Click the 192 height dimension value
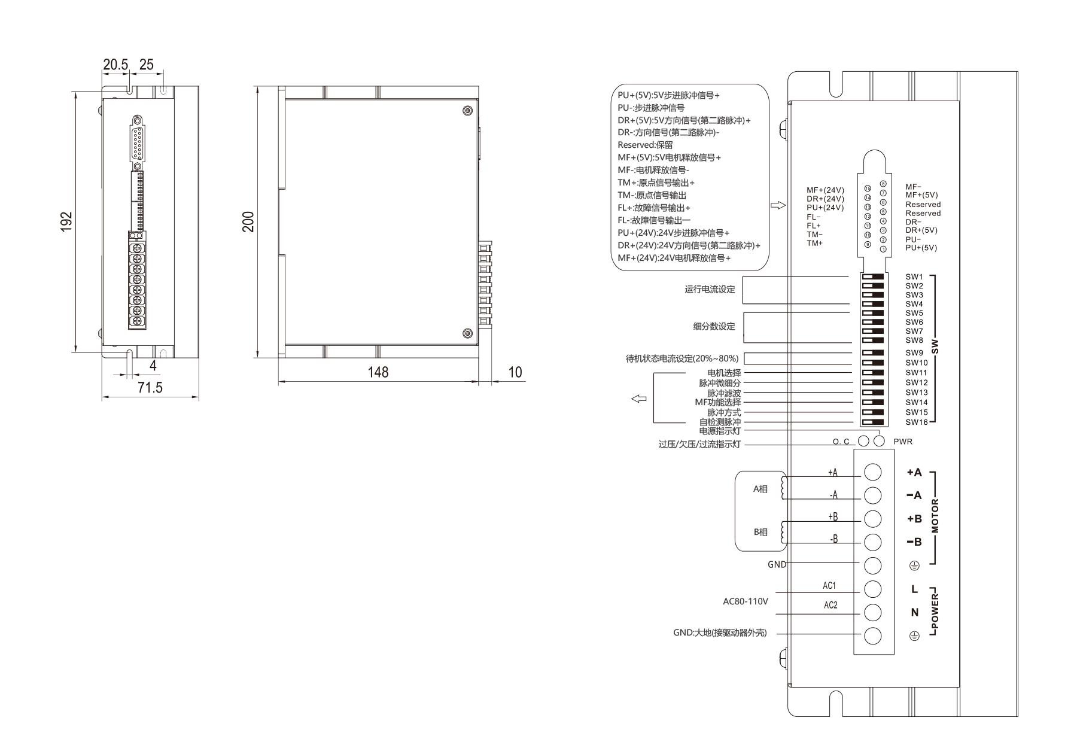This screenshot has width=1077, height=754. [67, 221]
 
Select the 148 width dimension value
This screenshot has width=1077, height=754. [378, 372]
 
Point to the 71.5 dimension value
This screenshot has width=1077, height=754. [150, 388]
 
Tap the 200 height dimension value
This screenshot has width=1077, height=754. [248, 221]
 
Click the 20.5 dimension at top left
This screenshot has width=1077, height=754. [115, 65]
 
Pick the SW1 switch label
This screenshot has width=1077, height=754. [914, 276]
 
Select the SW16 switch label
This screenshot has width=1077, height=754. [916, 422]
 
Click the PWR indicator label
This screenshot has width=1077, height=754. [903, 442]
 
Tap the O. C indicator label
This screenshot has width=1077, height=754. [841, 442]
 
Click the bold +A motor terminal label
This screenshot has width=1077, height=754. [914, 472]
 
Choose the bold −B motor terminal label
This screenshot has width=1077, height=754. [914, 542]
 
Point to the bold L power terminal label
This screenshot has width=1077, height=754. [914, 589]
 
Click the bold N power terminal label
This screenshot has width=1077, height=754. [914, 612]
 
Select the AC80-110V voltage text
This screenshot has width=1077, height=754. [745, 601]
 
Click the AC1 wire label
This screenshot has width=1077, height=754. [829, 586]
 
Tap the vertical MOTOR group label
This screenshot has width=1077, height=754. [935, 515]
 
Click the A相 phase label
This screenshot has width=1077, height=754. [760, 489]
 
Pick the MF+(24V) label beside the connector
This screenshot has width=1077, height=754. [825, 190]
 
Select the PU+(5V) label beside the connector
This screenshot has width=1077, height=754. [921, 248]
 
